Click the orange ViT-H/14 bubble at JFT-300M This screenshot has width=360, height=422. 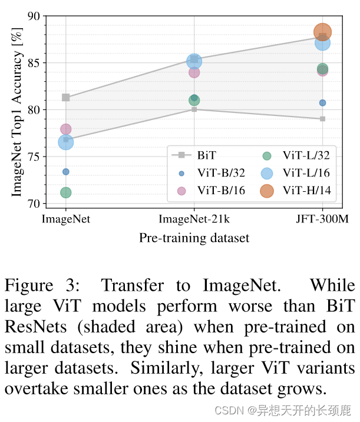323,32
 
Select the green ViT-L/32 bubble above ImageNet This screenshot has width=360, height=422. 65,192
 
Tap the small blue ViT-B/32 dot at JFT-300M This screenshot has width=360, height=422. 323,103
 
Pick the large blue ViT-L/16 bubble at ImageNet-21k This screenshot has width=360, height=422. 194,61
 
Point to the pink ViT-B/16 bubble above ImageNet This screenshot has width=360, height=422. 65,129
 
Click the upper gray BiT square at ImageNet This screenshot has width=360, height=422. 66,98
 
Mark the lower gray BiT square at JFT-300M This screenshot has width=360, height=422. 323,119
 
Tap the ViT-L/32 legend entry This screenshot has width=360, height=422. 305,155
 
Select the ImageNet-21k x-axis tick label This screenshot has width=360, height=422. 194,220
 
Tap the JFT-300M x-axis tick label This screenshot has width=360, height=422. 322,220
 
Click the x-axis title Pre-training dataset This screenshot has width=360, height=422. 194,238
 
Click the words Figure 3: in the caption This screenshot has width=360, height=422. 42,286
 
